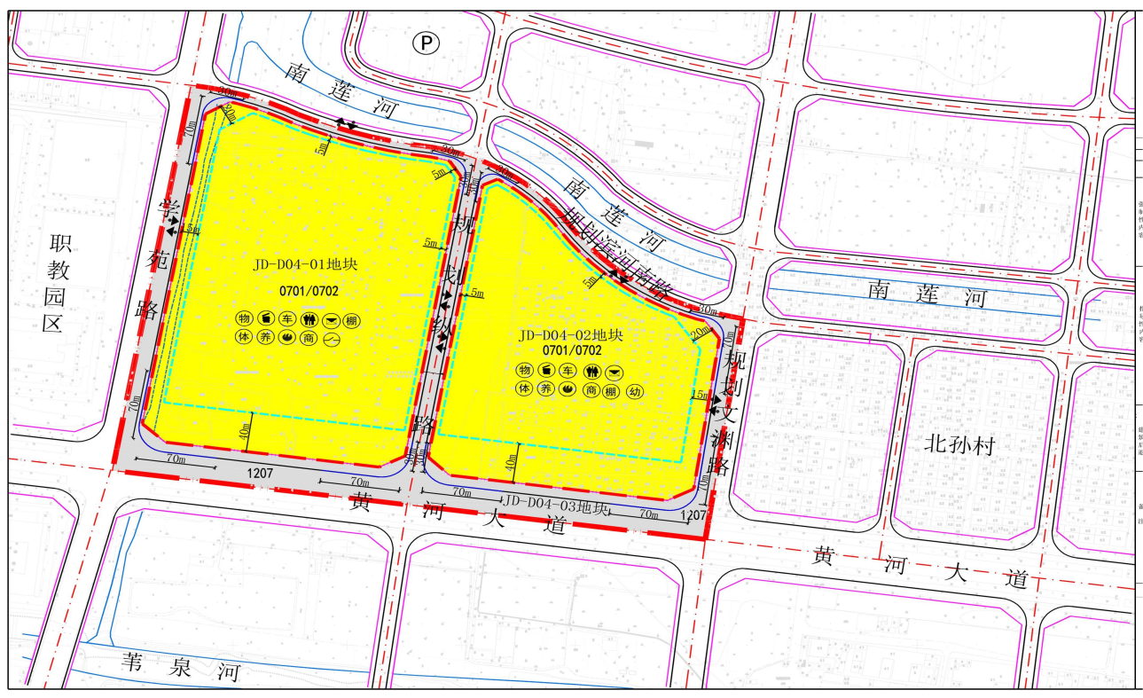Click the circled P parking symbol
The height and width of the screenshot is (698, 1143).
[x=427, y=42]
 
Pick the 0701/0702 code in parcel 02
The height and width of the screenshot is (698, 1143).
[x=572, y=351]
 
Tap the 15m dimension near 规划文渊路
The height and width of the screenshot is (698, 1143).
[x=699, y=395]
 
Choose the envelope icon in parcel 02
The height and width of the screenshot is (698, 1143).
[x=613, y=371]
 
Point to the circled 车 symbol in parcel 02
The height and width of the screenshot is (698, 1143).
[x=568, y=371]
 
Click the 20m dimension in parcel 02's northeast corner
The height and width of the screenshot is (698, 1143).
[x=700, y=332]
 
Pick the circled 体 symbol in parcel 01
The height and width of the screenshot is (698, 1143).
[x=244, y=338]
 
